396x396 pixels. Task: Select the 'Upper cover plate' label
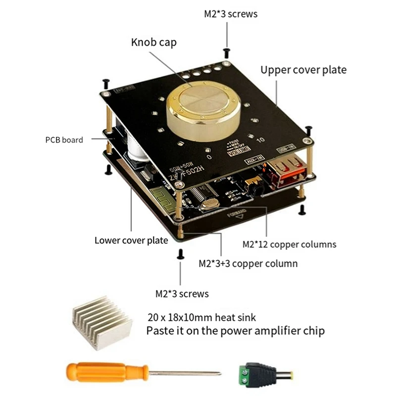point(303,70)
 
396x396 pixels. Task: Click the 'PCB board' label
point(64,140)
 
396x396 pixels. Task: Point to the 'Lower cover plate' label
point(131,241)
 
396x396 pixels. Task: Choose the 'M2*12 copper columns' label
point(289,244)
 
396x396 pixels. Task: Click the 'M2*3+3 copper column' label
point(248,263)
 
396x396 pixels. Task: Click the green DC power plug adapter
point(247,373)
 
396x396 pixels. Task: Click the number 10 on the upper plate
point(261,140)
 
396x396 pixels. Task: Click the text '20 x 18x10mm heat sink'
point(202,317)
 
